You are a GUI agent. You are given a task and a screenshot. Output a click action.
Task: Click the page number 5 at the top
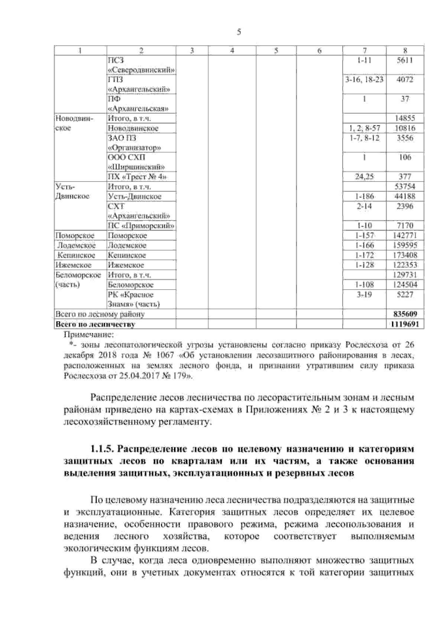[x=239, y=32]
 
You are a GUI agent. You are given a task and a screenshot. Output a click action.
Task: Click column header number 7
[x=365, y=51]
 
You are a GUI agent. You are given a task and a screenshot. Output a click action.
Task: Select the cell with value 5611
[x=405, y=61]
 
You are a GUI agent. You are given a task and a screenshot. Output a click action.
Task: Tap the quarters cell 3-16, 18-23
[x=365, y=80]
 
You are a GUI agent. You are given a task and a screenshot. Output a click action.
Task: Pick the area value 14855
[x=405, y=119]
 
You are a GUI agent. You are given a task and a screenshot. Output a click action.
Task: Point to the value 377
[x=405, y=177]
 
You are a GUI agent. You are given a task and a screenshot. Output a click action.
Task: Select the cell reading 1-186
[x=365, y=196]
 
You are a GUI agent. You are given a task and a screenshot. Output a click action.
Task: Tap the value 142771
[x=405, y=235]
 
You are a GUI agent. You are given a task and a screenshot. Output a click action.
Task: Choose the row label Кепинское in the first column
[x=76, y=255]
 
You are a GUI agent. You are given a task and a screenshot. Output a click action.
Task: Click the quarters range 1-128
[x=365, y=265]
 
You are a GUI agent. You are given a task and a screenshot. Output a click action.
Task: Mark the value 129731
[x=405, y=275]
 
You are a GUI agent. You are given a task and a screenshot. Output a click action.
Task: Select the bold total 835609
[x=405, y=314]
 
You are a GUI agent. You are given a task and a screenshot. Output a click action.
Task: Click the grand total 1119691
[x=405, y=324]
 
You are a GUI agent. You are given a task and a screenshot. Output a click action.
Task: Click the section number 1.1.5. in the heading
[x=102, y=449]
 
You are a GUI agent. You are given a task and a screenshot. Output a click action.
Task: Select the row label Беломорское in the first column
[x=78, y=275]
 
